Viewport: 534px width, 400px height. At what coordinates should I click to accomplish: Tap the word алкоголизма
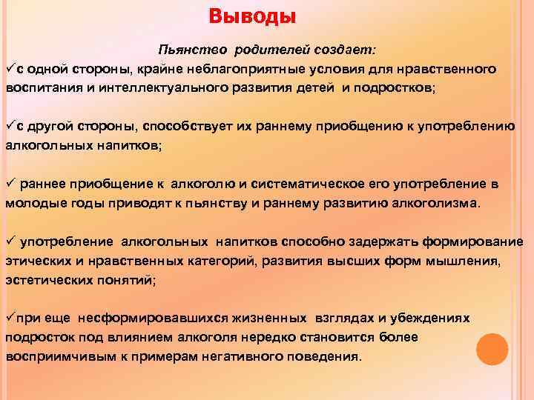pos(438,201)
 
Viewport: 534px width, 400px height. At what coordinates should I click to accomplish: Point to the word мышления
pos(468,260)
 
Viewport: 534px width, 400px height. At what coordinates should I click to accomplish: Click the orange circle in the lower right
pos(492,348)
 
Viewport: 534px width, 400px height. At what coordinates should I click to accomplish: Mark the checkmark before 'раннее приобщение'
pos(11,182)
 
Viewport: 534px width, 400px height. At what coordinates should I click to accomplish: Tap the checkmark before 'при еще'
pos(10,317)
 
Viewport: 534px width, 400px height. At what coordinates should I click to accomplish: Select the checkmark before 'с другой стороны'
pos(10,124)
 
